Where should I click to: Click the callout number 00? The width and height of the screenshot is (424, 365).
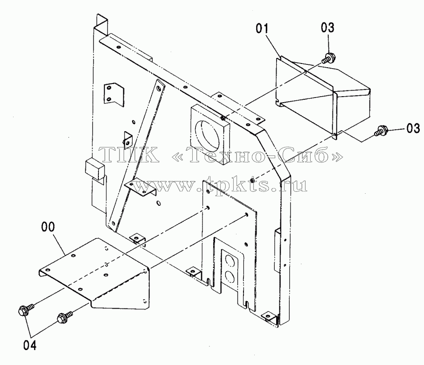click(x=48, y=227)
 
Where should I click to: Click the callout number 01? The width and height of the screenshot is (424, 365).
click(x=262, y=28)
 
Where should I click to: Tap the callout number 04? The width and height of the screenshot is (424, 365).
click(x=30, y=345)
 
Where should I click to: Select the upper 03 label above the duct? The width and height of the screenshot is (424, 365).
click(x=328, y=28)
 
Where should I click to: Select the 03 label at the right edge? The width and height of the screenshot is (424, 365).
click(x=413, y=128)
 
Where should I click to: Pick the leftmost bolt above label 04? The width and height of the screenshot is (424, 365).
click(x=26, y=309)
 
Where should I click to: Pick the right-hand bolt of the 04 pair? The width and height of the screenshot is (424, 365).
click(x=65, y=316)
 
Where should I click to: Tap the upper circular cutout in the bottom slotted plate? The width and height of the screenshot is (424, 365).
click(x=230, y=262)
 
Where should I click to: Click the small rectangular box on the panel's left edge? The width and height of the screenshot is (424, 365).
click(x=95, y=169)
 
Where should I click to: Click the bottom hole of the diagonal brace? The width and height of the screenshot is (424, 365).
click(x=113, y=224)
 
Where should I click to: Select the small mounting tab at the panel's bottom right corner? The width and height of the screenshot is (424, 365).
click(x=270, y=316)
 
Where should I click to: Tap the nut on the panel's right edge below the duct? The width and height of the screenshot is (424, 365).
click(x=252, y=180)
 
